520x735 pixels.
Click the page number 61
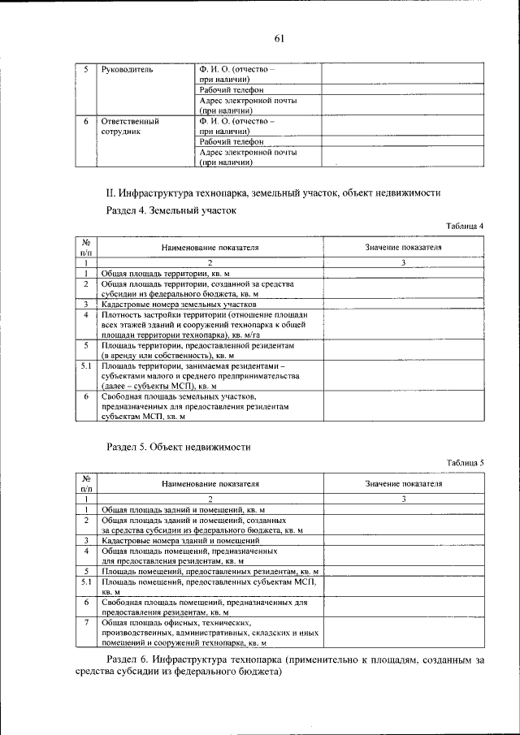(x=279, y=38)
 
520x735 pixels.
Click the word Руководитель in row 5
(x=128, y=70)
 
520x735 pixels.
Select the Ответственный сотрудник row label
(x=129, y=126)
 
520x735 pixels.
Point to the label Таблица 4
(x=465, y=226)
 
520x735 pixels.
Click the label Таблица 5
(x=465, y=462)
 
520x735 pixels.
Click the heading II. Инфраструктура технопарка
(x=273, y=193)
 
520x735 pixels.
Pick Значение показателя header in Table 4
(x=403, y=248)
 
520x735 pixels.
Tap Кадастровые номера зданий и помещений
(x=180, y=540)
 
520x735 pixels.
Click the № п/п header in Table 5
(x=85, y=484)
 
